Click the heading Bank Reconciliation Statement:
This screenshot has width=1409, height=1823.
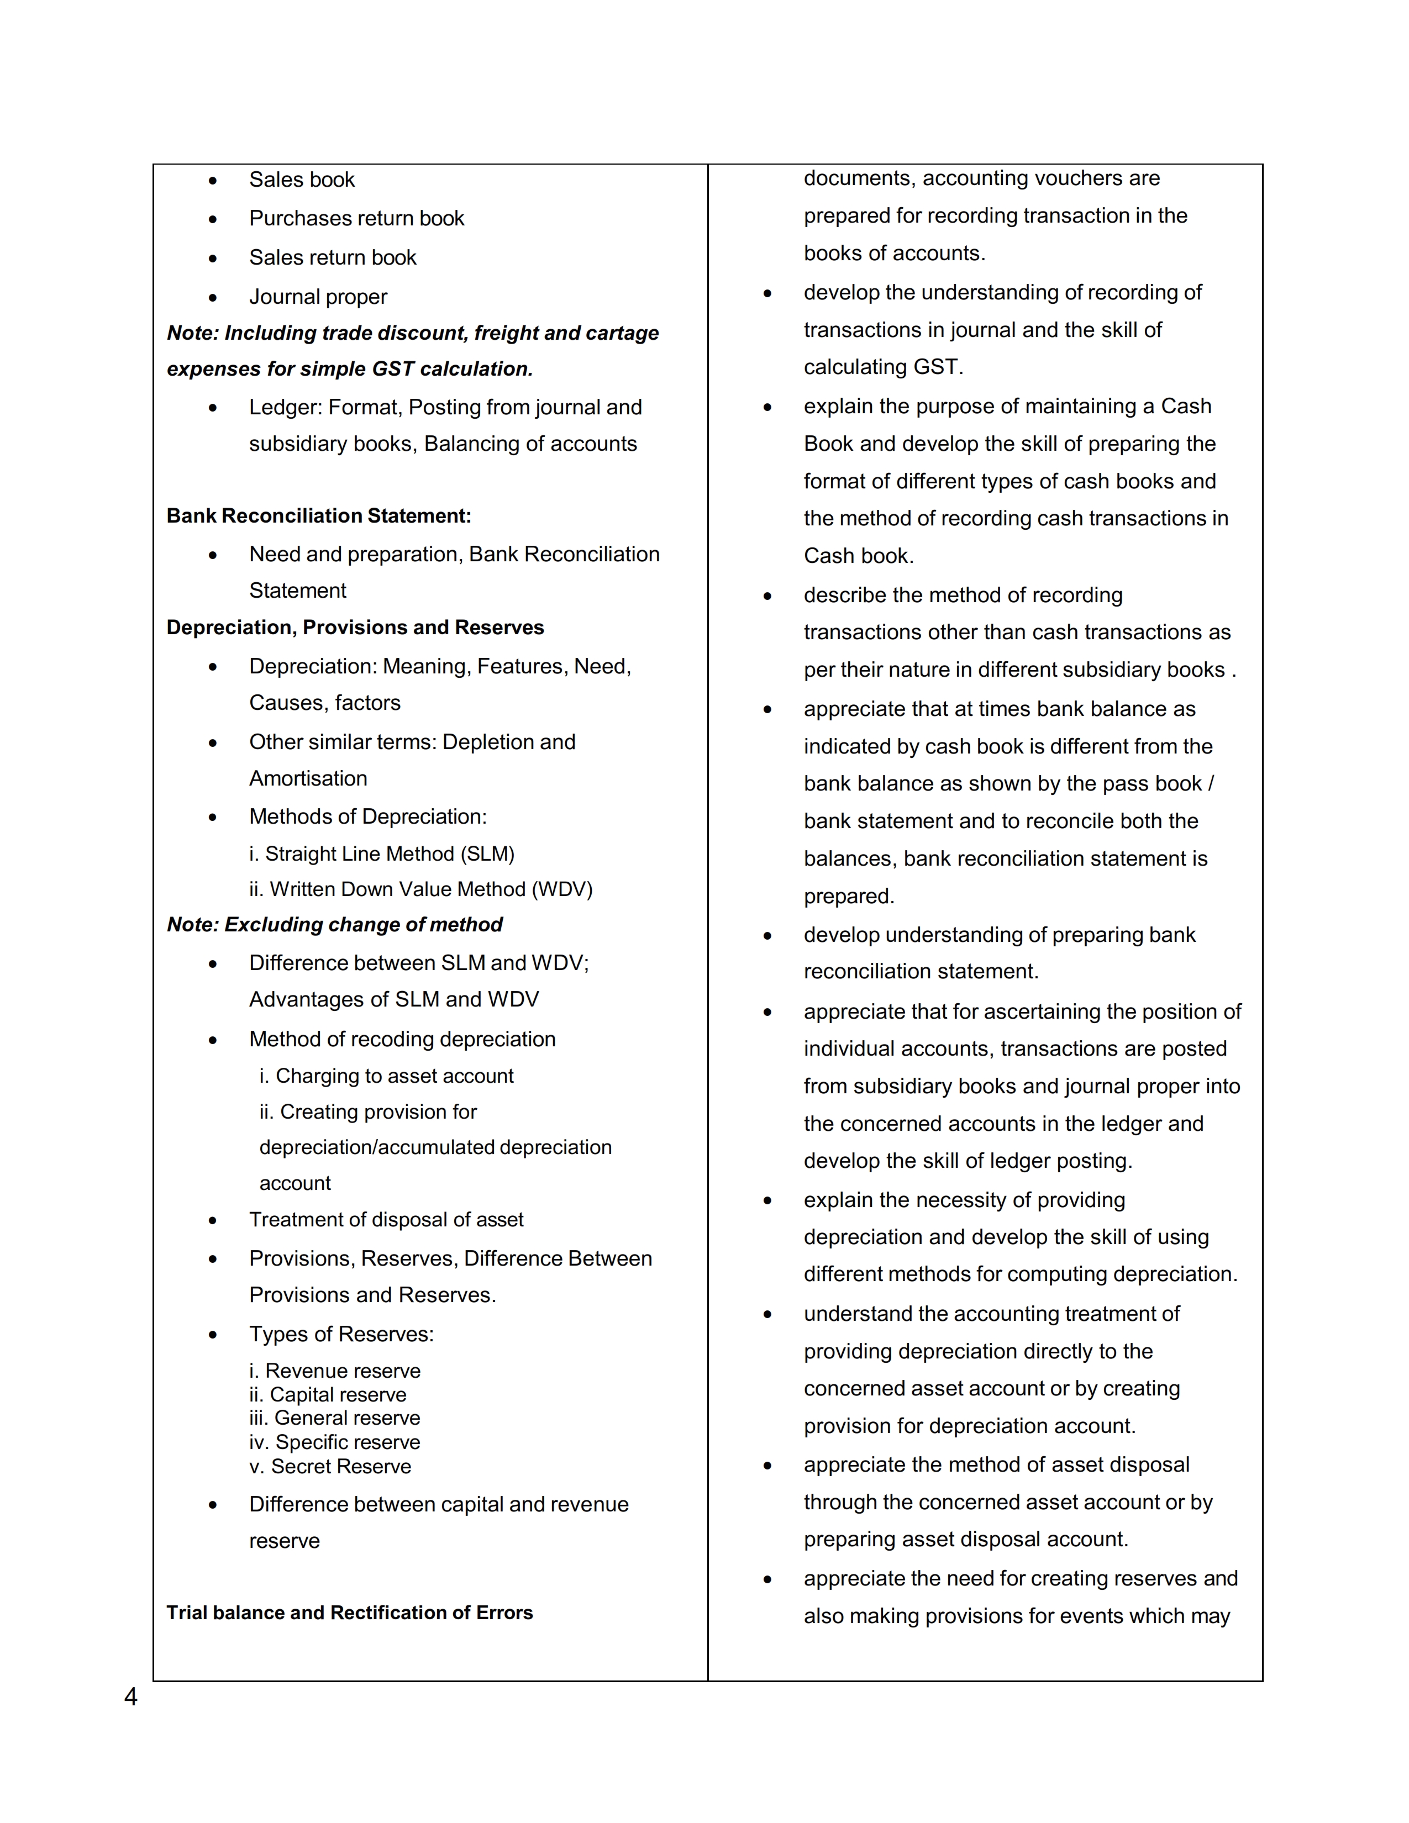coord(319,516)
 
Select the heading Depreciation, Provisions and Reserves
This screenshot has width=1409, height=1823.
coord(355,628)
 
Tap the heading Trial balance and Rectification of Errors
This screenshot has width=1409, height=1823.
coord(349,1613)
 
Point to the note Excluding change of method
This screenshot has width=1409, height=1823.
coord(335,925)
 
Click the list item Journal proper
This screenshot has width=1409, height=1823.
coord(318,297)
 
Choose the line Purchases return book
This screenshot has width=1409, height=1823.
coord(356,219)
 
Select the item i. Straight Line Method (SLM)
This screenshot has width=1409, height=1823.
coord(381,854)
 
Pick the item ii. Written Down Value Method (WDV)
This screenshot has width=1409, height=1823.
coord(420,890)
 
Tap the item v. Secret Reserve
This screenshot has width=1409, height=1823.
coord(330,1467)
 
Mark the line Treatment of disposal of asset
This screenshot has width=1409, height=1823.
coord(386,1220)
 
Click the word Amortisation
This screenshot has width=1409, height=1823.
coord(308,779)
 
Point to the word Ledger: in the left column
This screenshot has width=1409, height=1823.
coord(286,407)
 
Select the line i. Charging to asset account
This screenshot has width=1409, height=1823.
coord(386,1077)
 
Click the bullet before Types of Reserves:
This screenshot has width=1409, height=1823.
coord(213,1335)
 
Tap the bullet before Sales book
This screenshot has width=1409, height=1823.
coord(213,180)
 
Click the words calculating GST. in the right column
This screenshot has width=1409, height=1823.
coord(883,367)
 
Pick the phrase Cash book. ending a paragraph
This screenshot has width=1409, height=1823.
coord(858,556)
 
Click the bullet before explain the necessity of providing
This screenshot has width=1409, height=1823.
coord(767,1201)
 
